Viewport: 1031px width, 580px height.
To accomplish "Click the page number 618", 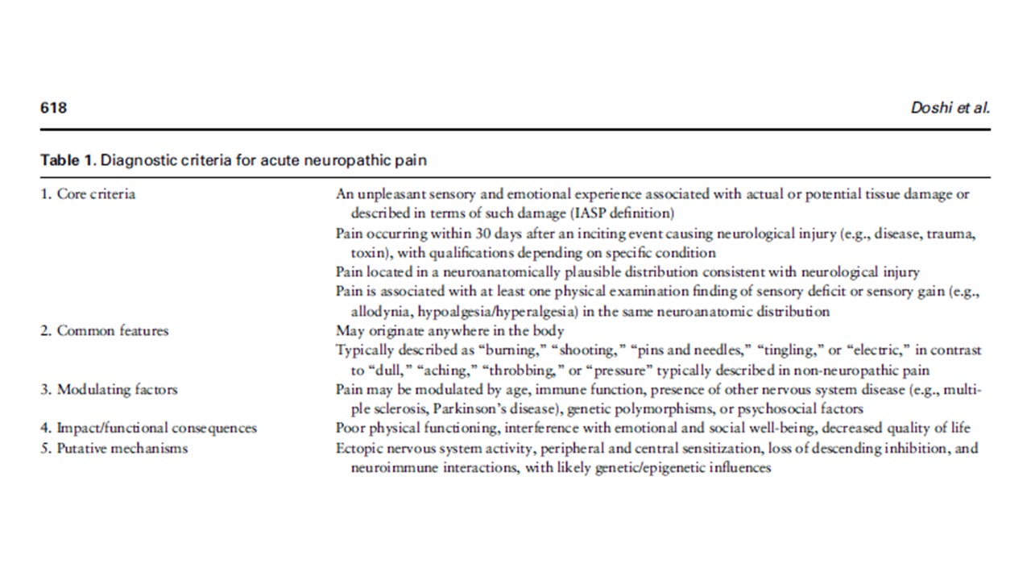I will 53,108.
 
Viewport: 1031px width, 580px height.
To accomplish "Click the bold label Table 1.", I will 68,160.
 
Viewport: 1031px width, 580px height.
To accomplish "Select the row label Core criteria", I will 96,194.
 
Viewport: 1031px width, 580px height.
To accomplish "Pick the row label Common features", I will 112,331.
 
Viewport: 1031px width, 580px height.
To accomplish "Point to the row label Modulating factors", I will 117,390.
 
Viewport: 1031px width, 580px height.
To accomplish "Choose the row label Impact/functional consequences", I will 156,429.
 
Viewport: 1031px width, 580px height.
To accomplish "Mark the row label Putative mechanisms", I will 122,448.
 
